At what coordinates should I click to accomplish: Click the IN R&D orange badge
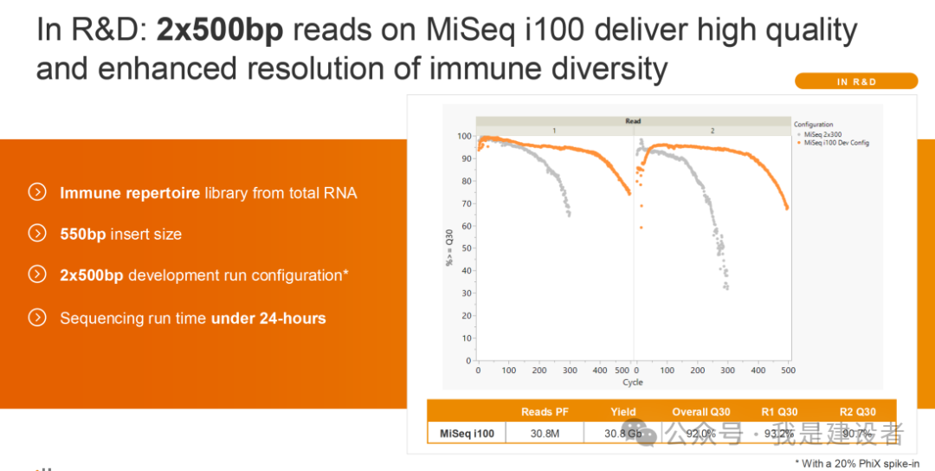(855, 81)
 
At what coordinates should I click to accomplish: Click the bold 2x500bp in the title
(221, 31)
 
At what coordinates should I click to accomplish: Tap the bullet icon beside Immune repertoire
(37, 192)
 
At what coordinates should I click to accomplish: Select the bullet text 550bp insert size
(120, 234)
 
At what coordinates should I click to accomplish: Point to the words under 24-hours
(268, 319)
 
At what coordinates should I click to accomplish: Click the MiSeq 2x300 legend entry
(822, 134)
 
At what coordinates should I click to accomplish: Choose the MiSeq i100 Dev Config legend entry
(835, 143)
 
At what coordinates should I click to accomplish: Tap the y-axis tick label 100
(464, 137)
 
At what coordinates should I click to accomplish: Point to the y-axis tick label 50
(467, 248)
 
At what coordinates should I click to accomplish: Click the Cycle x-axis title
(633, 382)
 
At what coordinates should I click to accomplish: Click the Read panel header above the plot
(633, 121)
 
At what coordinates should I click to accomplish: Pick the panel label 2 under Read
(713, 130)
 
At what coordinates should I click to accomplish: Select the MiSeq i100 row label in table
(467, 433)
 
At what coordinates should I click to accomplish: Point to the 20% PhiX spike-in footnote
(862, 463)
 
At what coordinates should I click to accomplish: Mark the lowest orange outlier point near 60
(642, 228)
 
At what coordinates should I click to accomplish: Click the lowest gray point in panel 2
(726, 288)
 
